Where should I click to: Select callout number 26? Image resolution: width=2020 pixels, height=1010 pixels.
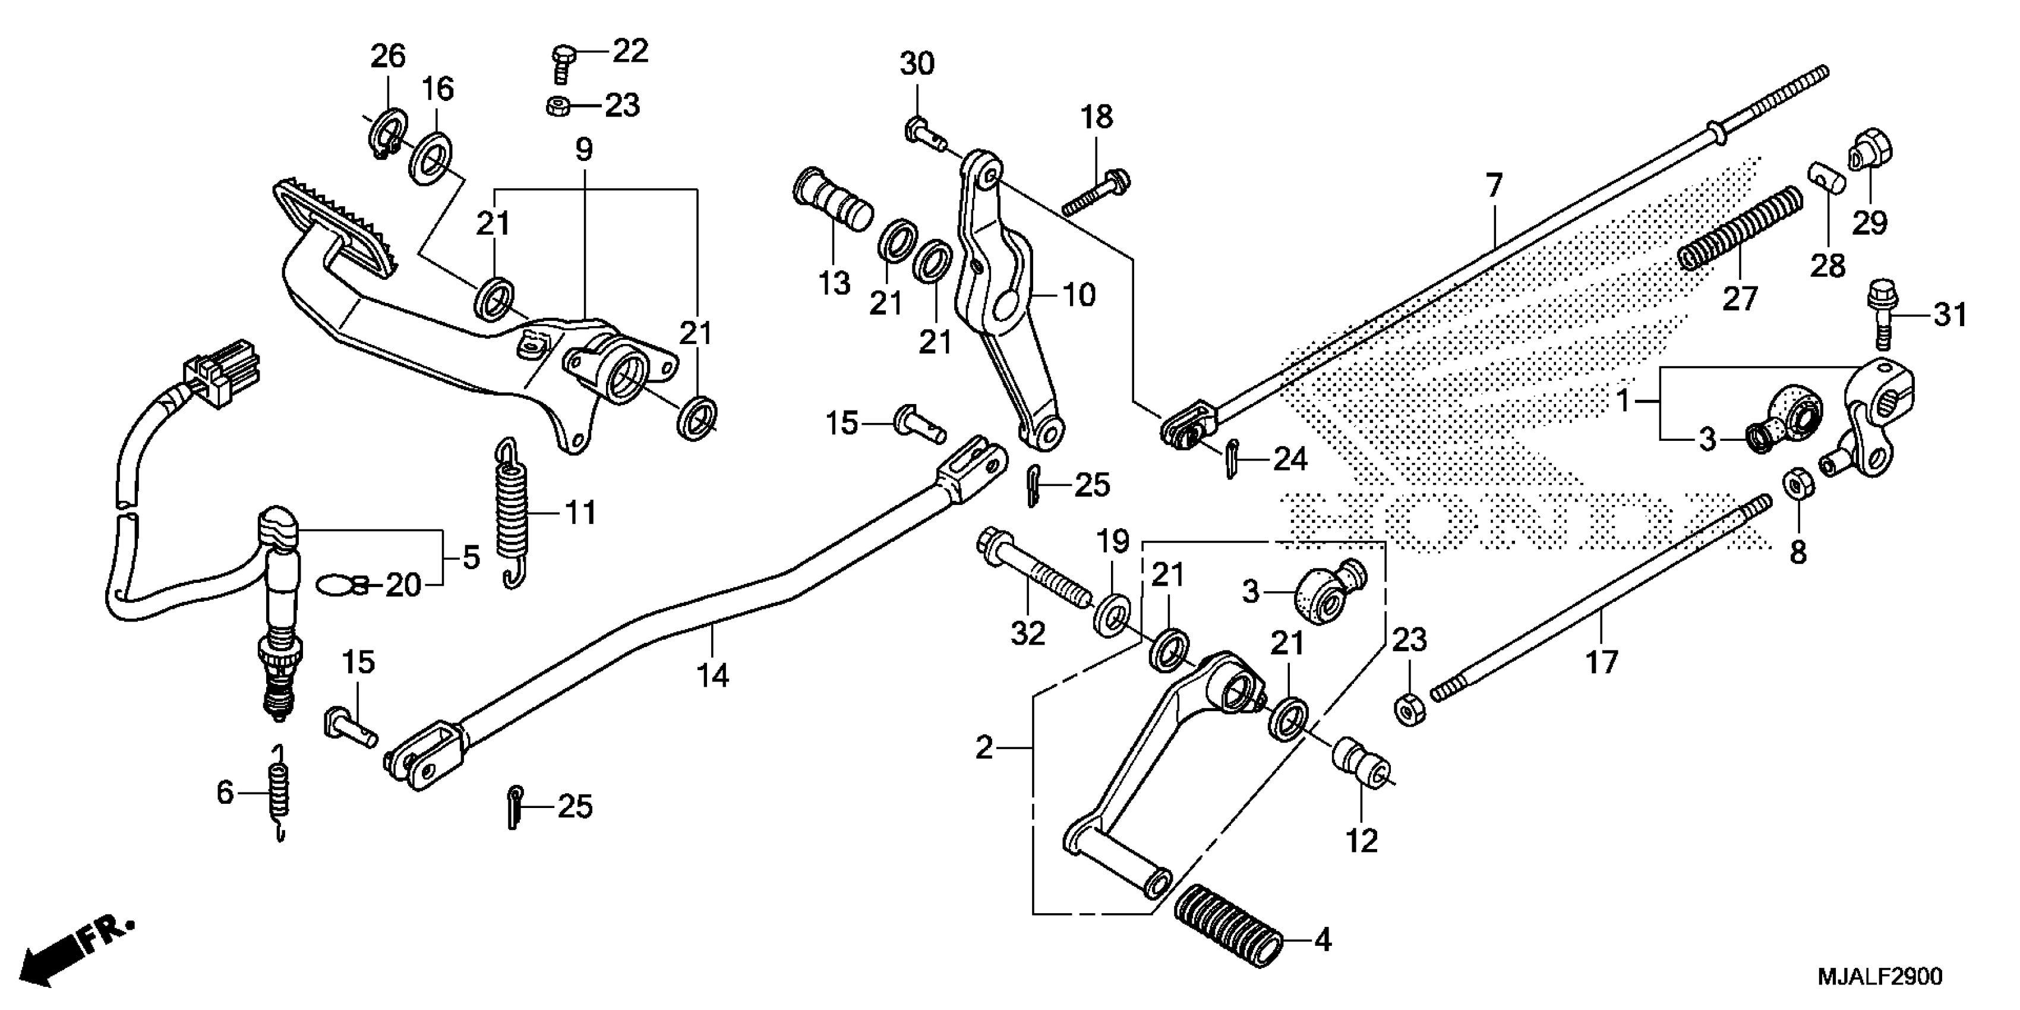[388, 56]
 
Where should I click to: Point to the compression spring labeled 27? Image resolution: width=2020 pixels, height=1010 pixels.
[1738, 228]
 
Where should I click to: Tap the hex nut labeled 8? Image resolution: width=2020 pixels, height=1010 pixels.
[1798, 485]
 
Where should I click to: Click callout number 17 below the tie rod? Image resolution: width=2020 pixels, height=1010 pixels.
[1602, 662]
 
